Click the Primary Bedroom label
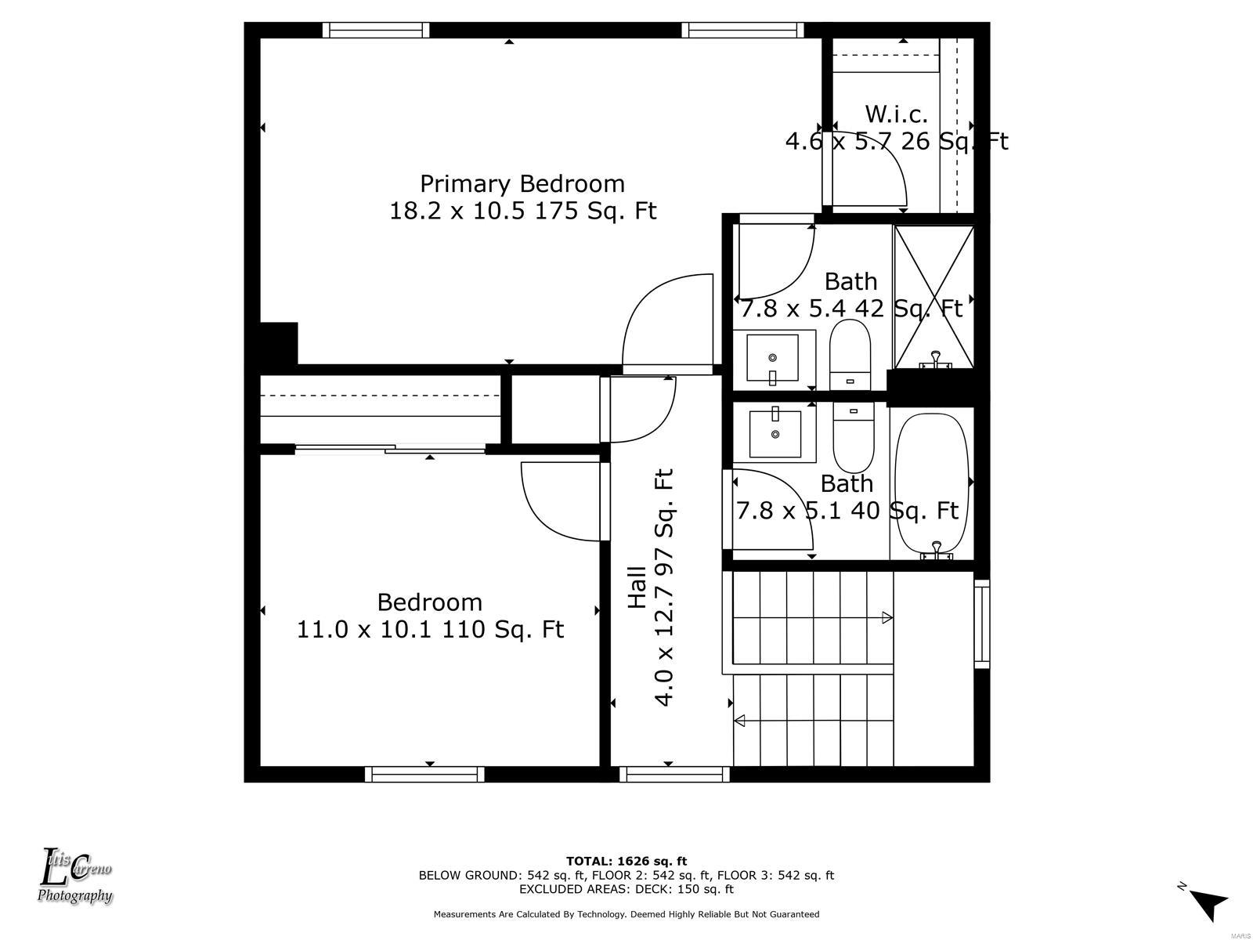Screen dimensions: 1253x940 click(522, 184)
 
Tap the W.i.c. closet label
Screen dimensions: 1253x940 click(896, 114)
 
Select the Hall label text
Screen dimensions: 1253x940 click(637, 587)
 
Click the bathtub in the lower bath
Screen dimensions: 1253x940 click(932, 485)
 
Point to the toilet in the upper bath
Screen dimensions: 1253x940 click(850, 354)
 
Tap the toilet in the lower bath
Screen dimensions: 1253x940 click(854, 438)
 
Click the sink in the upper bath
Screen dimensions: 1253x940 click(774, 360)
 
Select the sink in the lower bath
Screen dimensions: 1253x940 click(775, 432)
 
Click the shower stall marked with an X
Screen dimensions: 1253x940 click(934, 297)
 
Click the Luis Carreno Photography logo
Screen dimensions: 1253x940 click(74, 876)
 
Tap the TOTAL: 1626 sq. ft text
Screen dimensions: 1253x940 click(626, 861)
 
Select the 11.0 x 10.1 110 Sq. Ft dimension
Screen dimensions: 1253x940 click(431, 630)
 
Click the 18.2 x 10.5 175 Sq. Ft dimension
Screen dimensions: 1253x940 click(523, 211)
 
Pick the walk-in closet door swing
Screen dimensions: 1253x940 click(865, 169)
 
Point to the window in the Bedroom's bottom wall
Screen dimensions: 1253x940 click(424, 775)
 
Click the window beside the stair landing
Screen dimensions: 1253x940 click(982, 624)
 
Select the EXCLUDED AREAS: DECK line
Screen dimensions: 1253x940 click(626, 888)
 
